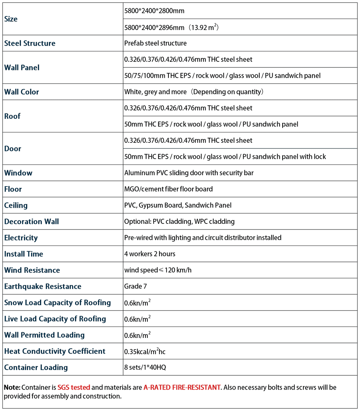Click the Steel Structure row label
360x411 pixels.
click(x=30, y=43)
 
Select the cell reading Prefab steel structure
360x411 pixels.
click(x=155, y=43)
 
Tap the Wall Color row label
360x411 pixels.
click(x=22, y=92)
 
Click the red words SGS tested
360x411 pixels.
click(x=74, y=387)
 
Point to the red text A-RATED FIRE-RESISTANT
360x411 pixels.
click(x=182, y=387)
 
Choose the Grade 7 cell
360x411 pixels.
click(x=135, y=286)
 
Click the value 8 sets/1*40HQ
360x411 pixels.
click(x=145, y=367)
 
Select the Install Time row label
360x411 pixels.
click(x=24, y=254)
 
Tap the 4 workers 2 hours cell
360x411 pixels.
click(x=150, y=254)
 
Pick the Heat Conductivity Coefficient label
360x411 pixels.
click(x=55, y=351)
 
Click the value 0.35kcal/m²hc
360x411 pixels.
click(x=145, y=351)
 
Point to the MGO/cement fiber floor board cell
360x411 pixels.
click(x=168, y=189)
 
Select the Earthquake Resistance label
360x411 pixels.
click(x=43, y=286)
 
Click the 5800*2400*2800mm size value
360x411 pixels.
click(x=154, y=11)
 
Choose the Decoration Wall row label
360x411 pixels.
click(x=32, y=222)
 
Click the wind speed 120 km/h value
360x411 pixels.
click(x=158, y=270)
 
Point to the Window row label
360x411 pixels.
click(x=18, y=173)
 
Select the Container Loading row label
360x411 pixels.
click(x=36, y=367)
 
